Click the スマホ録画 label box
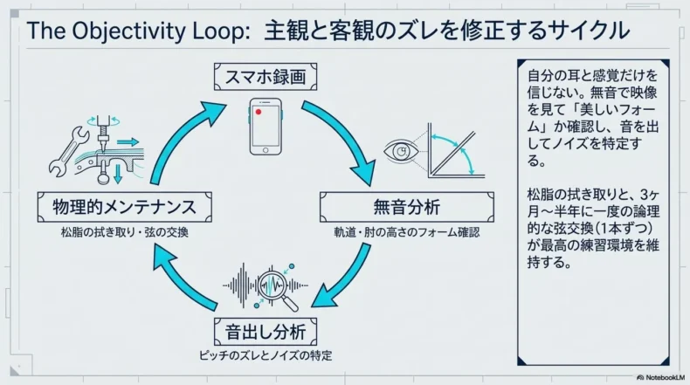(x=266, y=78)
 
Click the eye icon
(x=401, y=151)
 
